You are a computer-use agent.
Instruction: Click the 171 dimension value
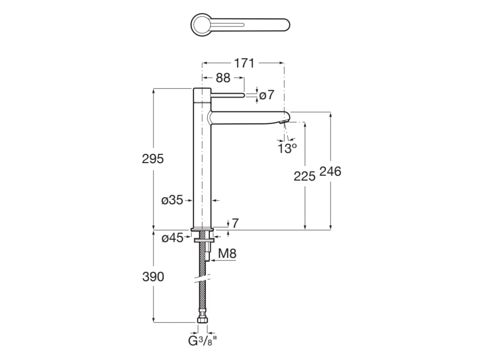244,63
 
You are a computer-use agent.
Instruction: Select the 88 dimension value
223,78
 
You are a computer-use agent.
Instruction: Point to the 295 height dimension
153,159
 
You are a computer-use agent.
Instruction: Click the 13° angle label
287,149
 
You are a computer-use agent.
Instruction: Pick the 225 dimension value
305,176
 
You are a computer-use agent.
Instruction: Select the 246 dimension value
330,172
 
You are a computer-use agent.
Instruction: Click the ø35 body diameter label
172,200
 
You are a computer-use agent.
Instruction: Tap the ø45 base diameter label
172,238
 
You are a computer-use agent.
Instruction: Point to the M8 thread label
227,254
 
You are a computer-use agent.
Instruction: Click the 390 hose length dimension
153,277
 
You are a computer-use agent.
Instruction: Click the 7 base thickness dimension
235,223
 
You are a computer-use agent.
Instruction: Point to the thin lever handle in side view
227,95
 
